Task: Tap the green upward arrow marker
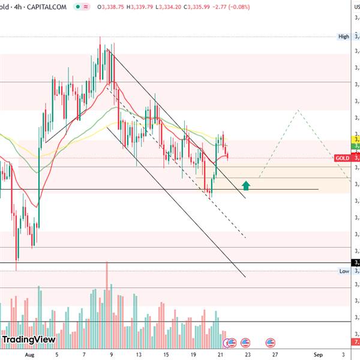point(245,185)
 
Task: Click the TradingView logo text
point(29,340)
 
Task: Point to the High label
point(344,37)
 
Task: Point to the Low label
point(344,271)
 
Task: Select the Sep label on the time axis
point(318,355)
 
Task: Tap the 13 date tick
point(139,355)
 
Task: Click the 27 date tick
point(274,355)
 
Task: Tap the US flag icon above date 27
point(271,343)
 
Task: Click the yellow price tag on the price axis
point(355,139)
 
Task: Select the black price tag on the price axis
point(355,263)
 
